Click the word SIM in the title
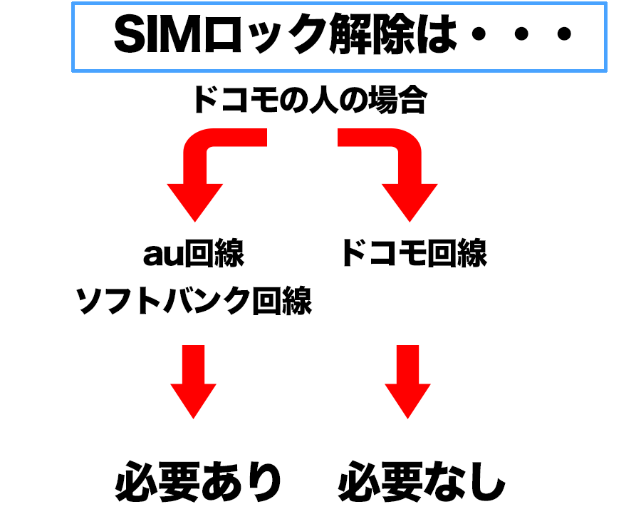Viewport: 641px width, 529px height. tap(158, 34)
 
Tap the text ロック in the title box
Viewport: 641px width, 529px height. tap(265, 34)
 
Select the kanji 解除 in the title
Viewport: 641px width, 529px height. tap(372, 34)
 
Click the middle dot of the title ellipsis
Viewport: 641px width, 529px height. tap(521, 34)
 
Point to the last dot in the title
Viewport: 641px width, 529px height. tap(564, 34)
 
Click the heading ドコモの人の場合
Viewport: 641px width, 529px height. tap(311, 99)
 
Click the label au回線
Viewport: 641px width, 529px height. tap(194, 253)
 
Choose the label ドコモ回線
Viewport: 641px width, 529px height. tap(415, 253)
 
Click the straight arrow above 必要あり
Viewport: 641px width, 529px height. tap(193, 381)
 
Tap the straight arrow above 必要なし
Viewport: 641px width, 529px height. tap(407, 381)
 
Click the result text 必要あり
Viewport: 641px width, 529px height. tap(199, 481)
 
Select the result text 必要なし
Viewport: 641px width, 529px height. tap(422, 481)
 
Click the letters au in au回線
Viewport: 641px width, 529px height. tap(163, 255)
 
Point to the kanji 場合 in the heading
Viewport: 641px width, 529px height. tap(397, 99)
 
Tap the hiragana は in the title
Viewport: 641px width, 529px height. tap(436, 34)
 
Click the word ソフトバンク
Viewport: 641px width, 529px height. tap(163, 301)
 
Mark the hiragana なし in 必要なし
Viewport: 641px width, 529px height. tap(464, 481)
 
